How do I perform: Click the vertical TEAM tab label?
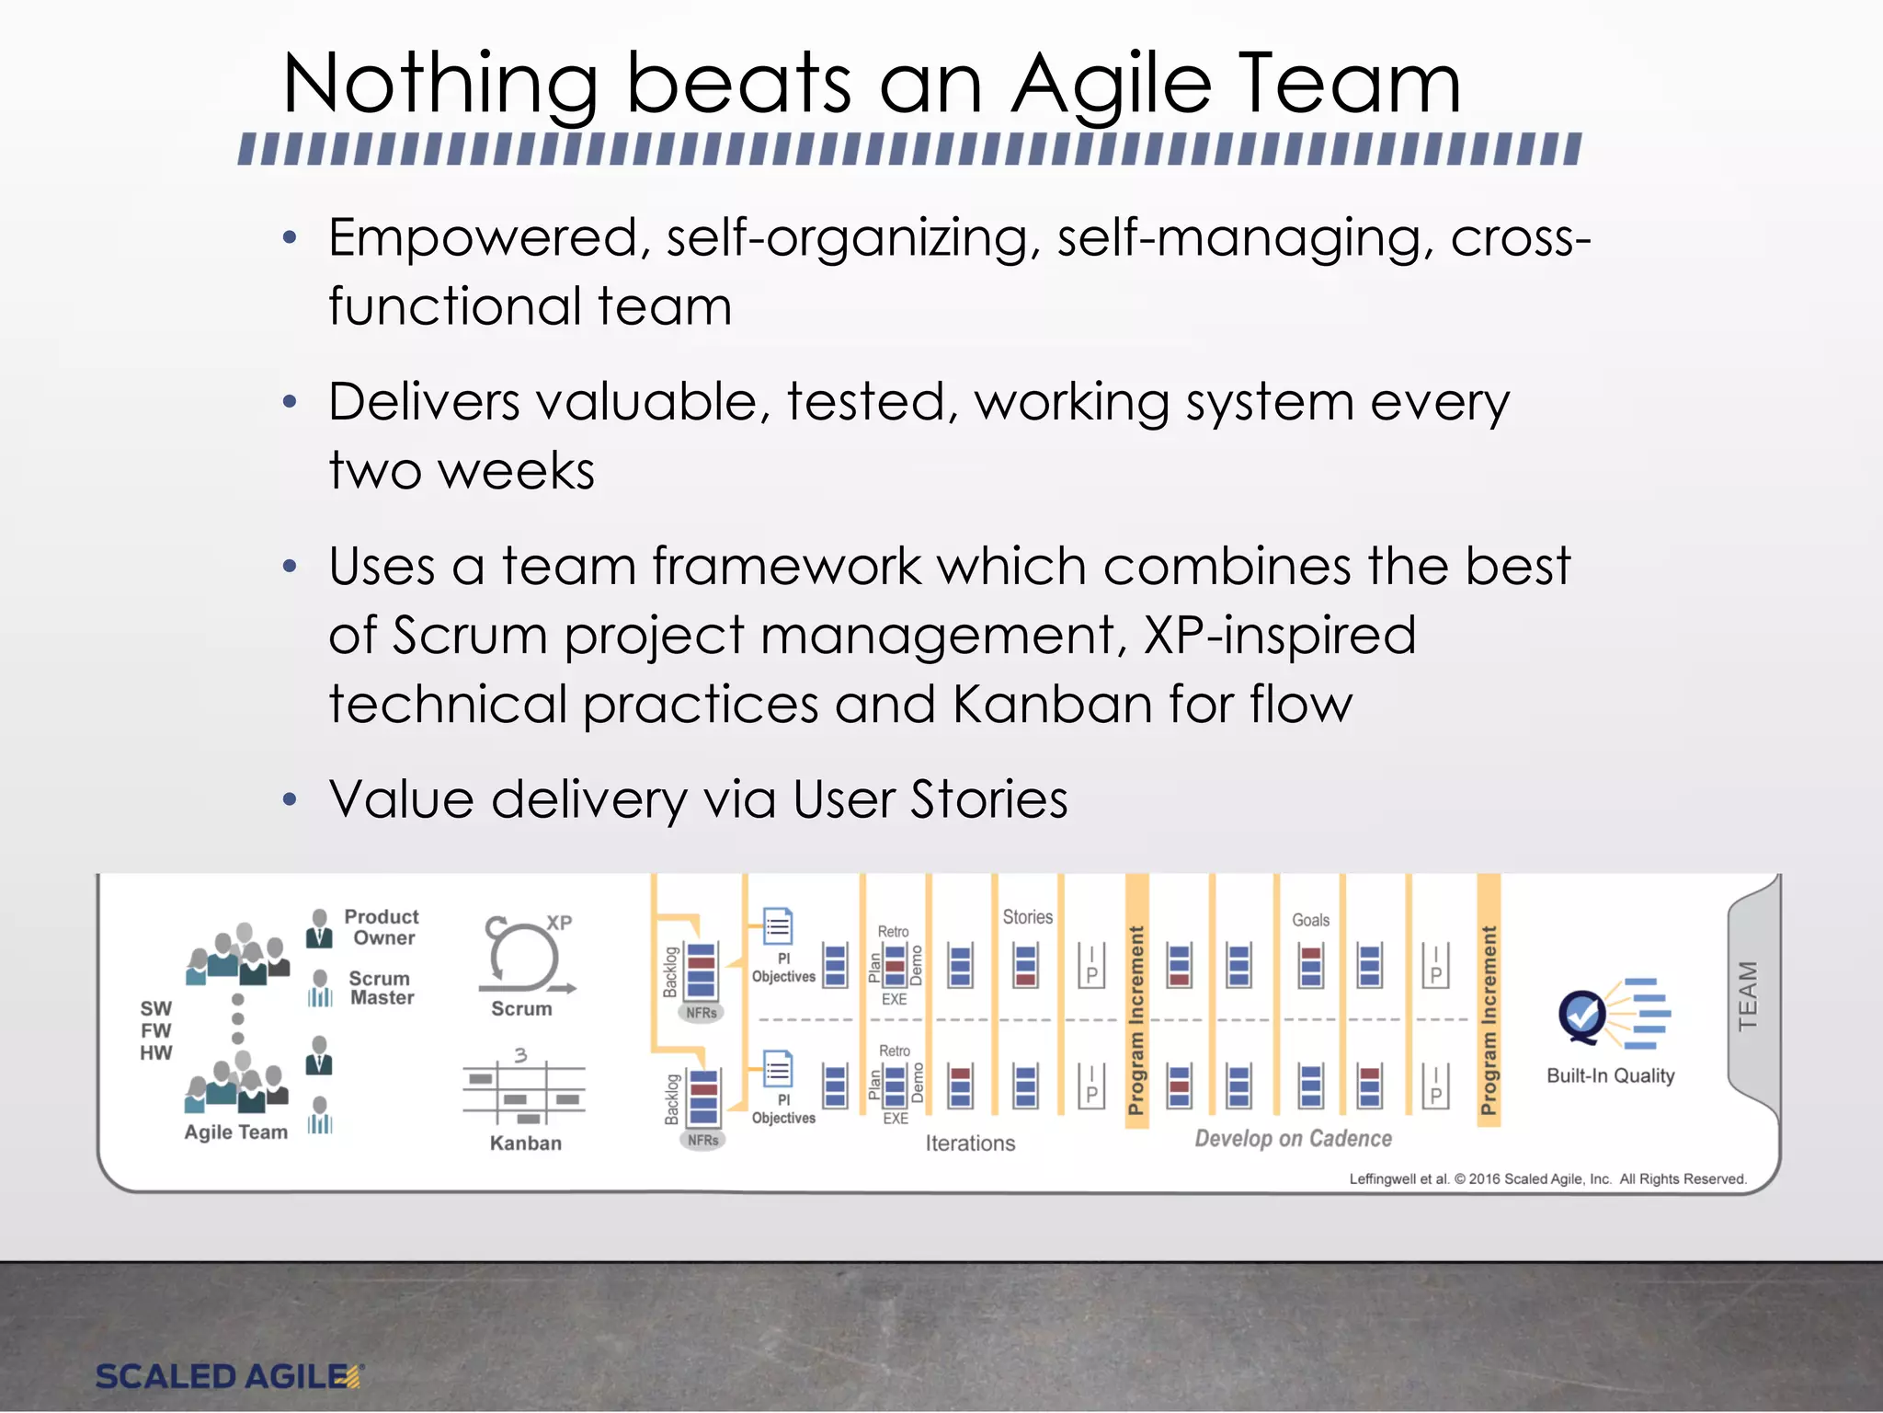coord(1748,995)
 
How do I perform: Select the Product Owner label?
coord(381,927)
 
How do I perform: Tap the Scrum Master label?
coord(381,988)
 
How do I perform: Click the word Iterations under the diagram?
coord(970,1143)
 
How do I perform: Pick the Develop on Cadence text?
coord(1293,1139)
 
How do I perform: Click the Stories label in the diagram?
coord(1027,917)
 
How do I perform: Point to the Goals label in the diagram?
coord(1310,920)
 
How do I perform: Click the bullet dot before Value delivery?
coord(291,799)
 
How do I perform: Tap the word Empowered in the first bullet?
coord(484,238)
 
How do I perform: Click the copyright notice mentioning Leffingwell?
coord(1546,1179)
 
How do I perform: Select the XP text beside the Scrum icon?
coord(559,923)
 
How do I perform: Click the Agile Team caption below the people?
coord(235,1132)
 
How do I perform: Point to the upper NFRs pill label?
coord(702,1013)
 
